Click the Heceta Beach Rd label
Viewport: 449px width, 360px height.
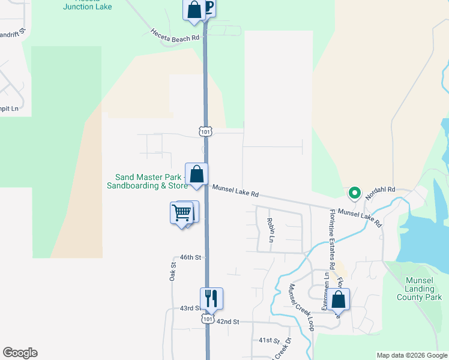coord(175,34)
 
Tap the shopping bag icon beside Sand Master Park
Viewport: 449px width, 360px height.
coord(196,175)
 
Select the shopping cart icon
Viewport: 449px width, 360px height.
coord(181,212)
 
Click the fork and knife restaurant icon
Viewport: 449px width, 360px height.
coord(211,298)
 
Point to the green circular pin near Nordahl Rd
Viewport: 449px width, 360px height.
coord(354,193)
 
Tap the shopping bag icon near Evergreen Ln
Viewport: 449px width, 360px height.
coord(338,299)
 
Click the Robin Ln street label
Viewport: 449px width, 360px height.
coord(270,230)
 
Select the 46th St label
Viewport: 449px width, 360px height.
coord(189,257)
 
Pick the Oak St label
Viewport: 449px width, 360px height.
coord(172,272)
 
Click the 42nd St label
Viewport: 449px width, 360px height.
coord(228,322)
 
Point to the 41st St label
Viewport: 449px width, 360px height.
coord(270,340)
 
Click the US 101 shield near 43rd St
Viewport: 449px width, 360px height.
coord(207,319)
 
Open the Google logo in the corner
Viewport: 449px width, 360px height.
coord(20,353)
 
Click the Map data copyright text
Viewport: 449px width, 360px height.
coord(411,355)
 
